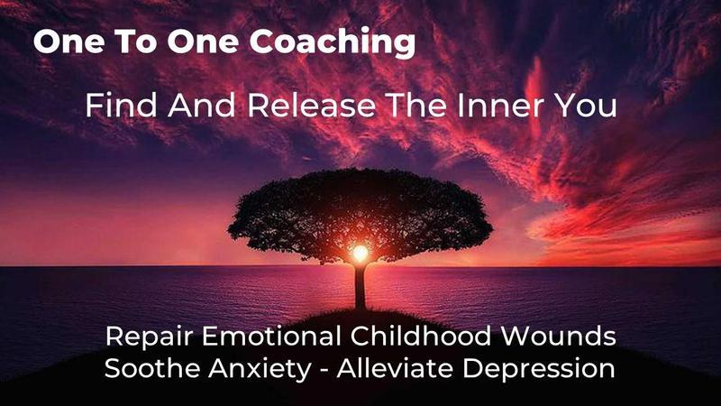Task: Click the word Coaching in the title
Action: (333, 42)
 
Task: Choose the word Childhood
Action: (421, 336)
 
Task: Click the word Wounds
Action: (559, 336)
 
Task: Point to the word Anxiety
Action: (260, 369)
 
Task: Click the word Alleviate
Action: (395, 368)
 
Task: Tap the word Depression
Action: (539, 369)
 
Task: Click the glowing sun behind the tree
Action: (360, 253)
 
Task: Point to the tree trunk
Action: (360, 285)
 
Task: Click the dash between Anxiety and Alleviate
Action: (324, 371)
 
